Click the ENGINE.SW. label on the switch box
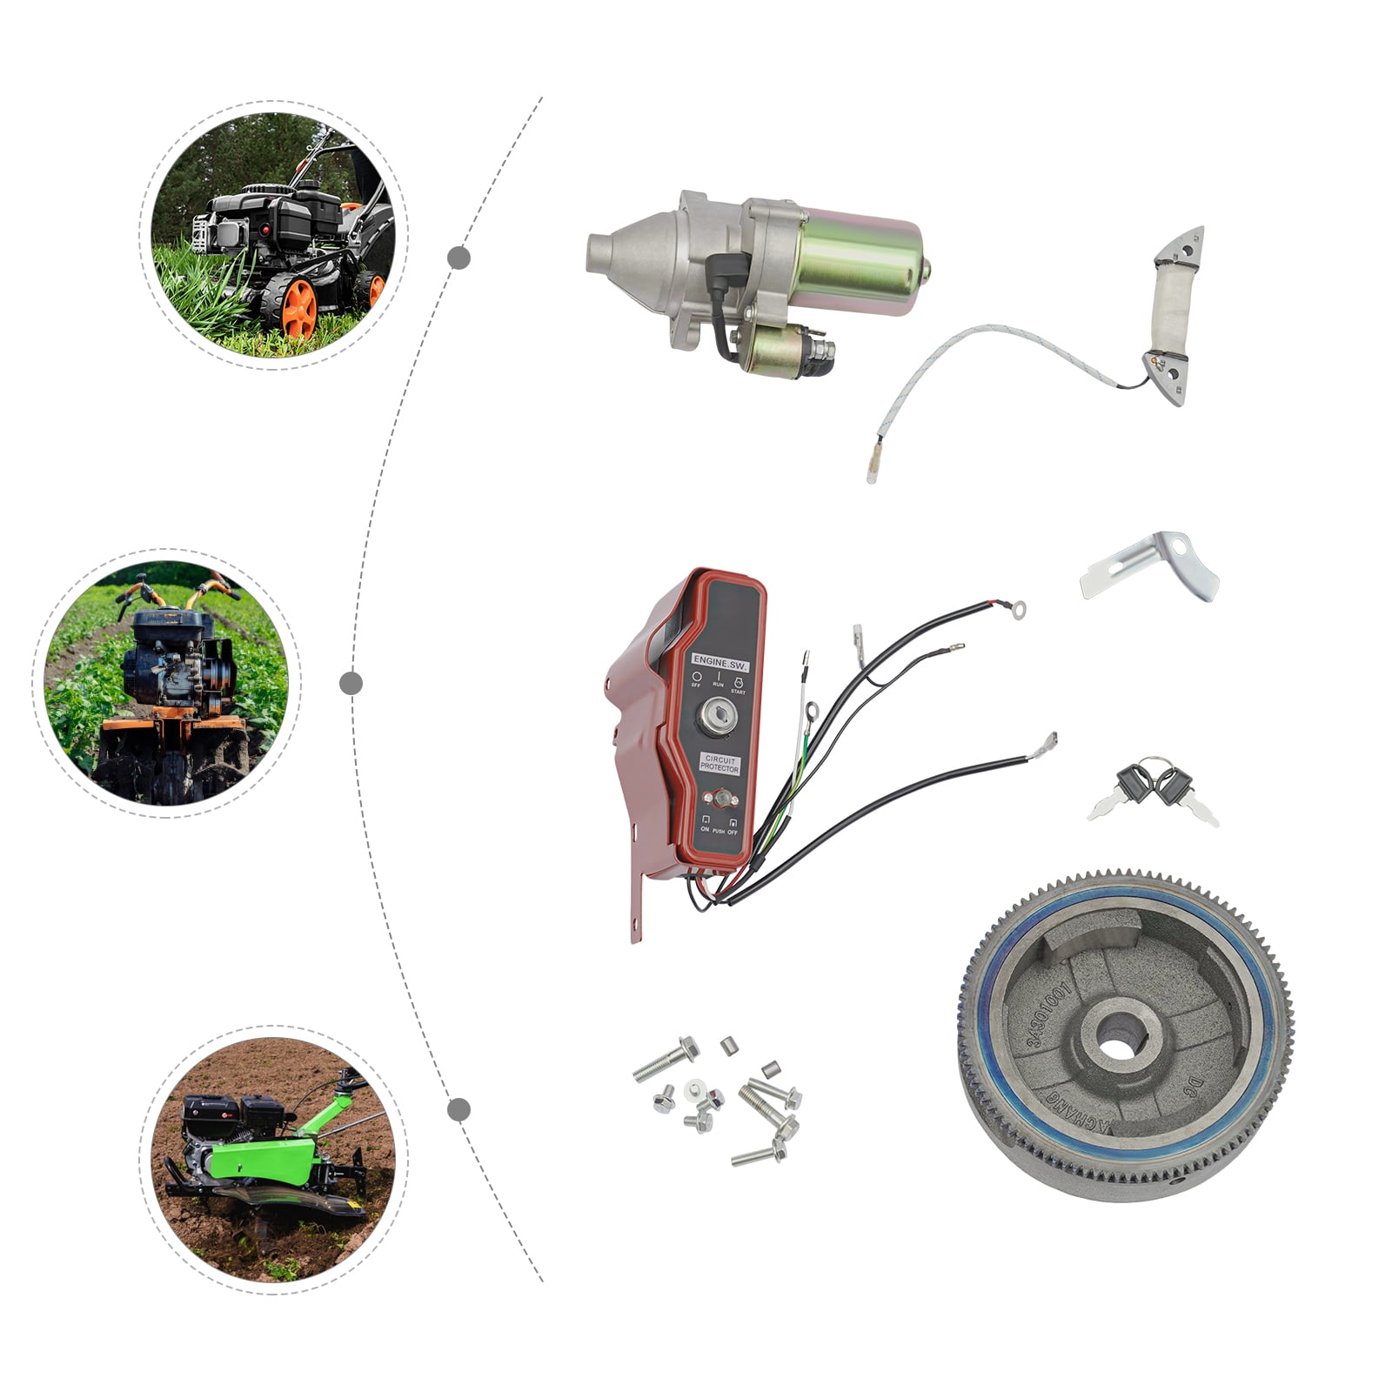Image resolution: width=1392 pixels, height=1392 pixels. pos(719,661)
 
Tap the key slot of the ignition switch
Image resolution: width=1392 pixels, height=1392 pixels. pos(719,718)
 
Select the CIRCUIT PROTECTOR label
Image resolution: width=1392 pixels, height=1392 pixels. pos(719,764)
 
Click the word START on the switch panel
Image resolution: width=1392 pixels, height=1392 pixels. pos(738,692)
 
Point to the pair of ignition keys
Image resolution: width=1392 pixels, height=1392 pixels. pos(1152,789)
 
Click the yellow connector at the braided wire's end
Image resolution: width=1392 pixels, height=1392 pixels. pos(873,470)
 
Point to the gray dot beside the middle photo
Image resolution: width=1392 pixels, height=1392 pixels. pos(351,683)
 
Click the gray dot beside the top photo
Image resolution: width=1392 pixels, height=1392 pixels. pos(459,258)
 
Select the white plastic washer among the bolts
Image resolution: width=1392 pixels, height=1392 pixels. pos(693,1088)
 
